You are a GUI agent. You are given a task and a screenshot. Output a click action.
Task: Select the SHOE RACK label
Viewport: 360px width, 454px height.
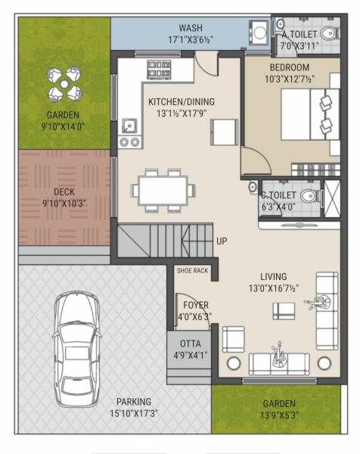[191, 270]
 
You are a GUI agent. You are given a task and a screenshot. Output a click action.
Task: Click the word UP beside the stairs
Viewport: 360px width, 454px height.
[222, 241]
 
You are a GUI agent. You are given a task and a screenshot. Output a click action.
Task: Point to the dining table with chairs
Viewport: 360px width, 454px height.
[162, 188]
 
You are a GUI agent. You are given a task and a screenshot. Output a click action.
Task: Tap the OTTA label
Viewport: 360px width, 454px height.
[191, 344]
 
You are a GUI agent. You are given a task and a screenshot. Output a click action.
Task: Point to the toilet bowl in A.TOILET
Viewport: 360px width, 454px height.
[328, 33]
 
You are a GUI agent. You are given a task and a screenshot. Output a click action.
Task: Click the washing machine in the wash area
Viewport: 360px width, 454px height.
[259, 33]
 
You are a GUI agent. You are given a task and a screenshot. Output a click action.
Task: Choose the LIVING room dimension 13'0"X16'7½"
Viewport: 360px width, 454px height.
[290, 288]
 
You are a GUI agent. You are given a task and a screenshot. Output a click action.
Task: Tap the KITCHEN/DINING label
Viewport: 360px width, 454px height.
[178, 102]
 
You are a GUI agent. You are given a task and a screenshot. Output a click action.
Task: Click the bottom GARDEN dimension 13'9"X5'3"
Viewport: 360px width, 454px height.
[279, 415]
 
